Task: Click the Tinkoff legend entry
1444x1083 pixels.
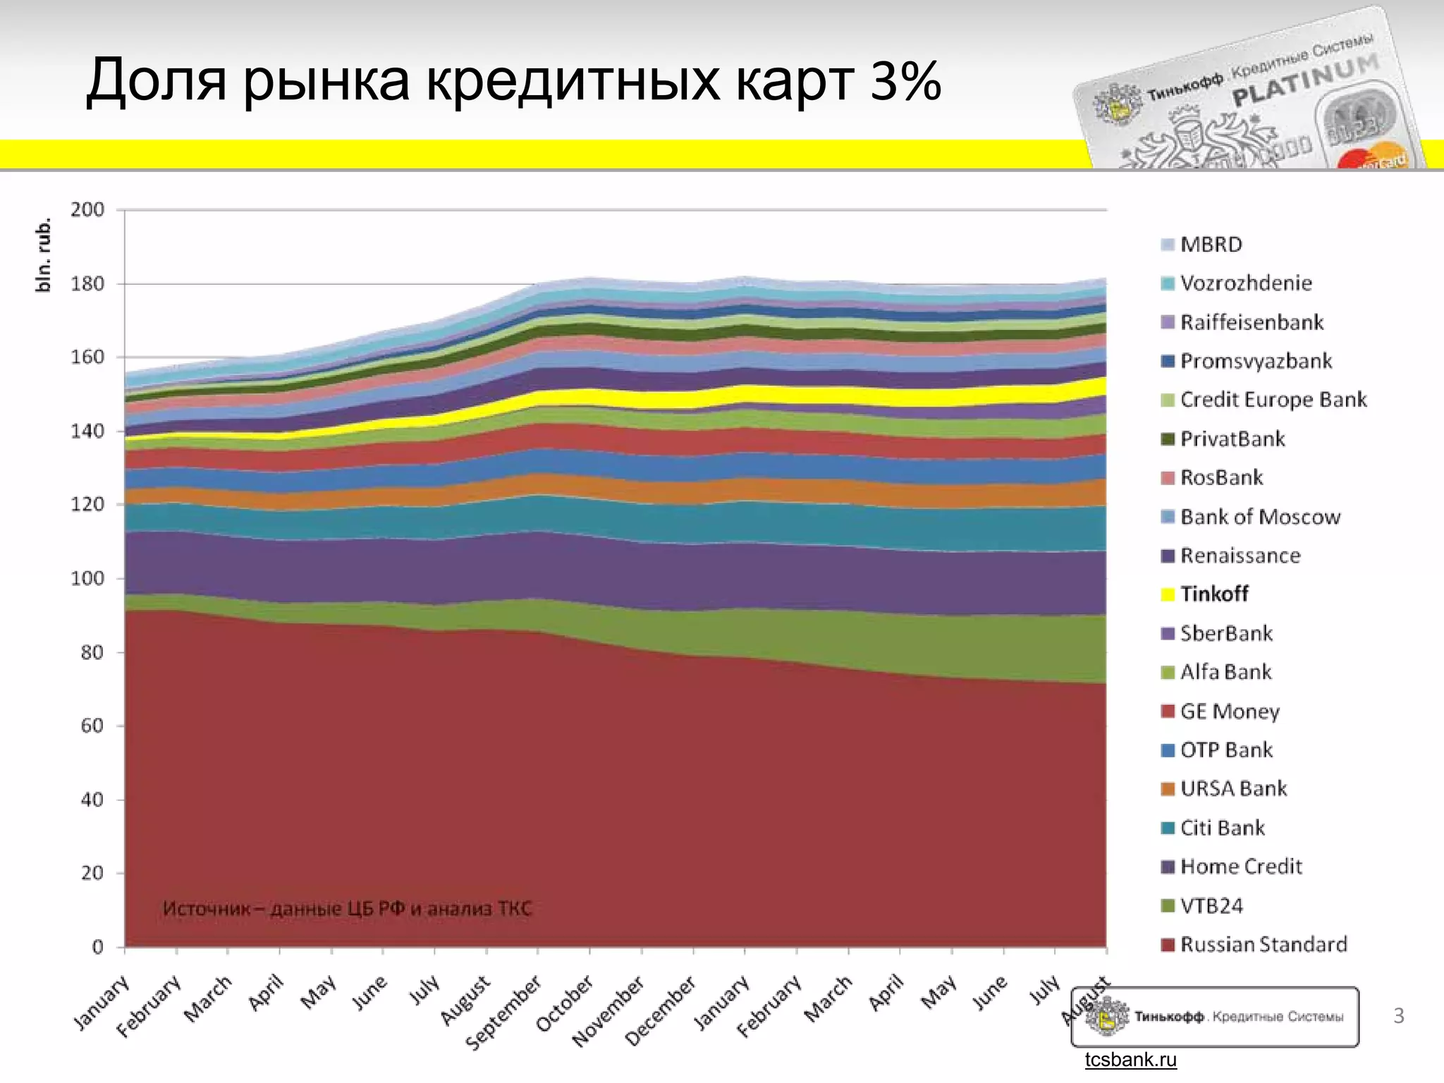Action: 1213,594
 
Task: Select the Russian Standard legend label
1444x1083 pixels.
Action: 1263,944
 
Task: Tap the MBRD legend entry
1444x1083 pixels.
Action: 1211,244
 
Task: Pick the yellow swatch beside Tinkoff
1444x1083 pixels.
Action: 1168,594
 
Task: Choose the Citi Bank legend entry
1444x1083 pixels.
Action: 1222,827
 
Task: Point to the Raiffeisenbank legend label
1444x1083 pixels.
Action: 1252,322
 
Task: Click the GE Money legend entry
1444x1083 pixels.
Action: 1229,711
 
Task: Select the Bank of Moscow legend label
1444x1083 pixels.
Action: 1259,516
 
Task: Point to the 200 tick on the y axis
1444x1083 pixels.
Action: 87,209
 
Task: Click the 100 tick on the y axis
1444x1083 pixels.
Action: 87,578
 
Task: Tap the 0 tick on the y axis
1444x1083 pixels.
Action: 97,947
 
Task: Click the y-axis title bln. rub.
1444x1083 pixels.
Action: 44,254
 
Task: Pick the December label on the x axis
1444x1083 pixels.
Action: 661,1010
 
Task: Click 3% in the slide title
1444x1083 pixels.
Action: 905,80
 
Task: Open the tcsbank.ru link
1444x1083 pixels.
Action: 1130,1060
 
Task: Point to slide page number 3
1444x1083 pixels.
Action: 1398,1016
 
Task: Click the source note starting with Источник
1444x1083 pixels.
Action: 347,908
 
